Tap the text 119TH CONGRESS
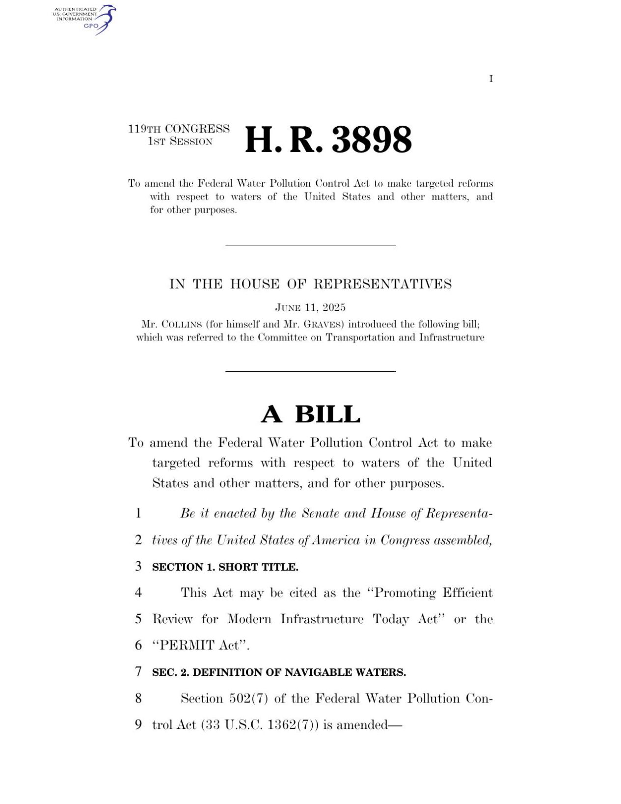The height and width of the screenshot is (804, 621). [x=179, y=129]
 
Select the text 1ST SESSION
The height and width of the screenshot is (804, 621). [x=180, y=141]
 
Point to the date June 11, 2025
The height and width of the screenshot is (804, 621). [x=310, y=307]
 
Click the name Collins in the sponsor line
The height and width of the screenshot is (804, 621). [x=182, y=324]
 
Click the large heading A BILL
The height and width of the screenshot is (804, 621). [x=310, y=414]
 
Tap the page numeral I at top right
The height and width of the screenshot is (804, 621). [x=490, y=79]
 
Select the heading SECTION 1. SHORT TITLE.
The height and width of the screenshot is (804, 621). [x=225, y=567]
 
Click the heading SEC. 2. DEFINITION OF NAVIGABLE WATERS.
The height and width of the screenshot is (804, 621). [x=279, y=672]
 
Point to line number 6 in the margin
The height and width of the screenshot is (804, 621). [x=138, y=645]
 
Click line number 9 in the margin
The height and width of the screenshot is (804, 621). [x=138, y=724]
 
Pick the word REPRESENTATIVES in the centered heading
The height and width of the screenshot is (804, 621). [x=382, y=284]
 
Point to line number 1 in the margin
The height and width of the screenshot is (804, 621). [x=138, y=513]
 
